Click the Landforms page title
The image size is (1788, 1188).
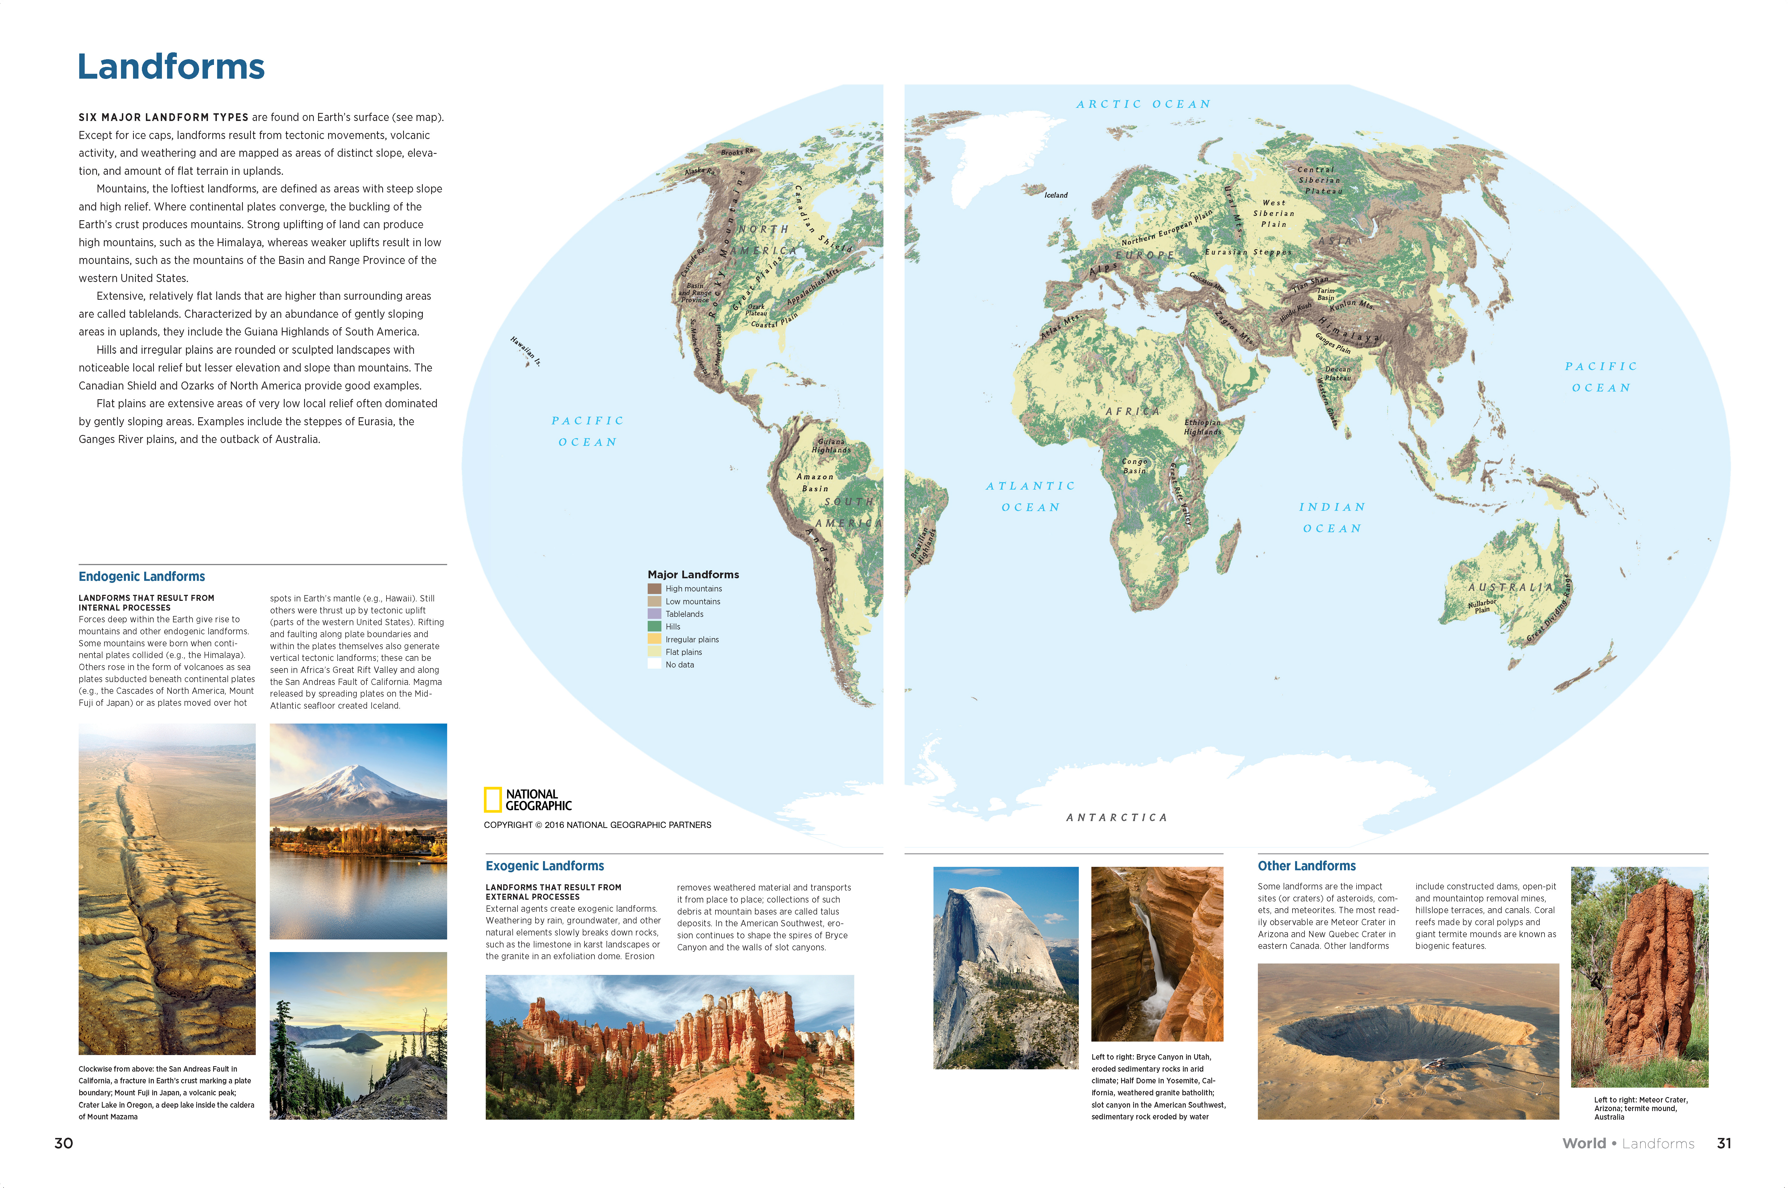coord(171,67)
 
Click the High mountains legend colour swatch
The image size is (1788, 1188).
coord(654,589)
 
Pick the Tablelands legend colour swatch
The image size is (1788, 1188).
coord(654,614)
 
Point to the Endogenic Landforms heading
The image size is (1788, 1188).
coord(142,577)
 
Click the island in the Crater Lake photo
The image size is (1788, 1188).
coord(350,1043)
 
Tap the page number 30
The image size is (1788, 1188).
coord(64,1143)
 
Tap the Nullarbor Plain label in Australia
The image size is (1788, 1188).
coord(1482,606)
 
